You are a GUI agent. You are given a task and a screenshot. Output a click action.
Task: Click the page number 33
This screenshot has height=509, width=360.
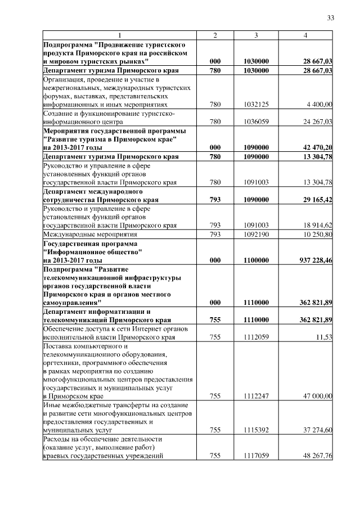pos(331,18)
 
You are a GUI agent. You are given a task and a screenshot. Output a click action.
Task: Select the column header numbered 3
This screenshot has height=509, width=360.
pos(256,36)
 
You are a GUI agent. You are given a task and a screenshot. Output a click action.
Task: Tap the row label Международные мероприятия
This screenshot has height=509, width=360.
pos(82,234)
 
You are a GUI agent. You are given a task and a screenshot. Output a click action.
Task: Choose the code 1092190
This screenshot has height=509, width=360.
pos(256,234)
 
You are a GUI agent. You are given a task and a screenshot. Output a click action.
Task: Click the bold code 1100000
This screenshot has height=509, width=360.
pos(256,260)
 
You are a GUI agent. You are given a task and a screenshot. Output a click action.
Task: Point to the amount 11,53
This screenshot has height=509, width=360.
pos(324,337)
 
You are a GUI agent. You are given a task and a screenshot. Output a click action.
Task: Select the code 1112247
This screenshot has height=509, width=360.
pos(256,396)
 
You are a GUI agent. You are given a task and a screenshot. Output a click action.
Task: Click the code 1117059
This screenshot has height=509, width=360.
pos(256,456)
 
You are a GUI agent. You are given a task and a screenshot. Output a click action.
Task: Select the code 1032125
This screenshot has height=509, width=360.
pos(256,104)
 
